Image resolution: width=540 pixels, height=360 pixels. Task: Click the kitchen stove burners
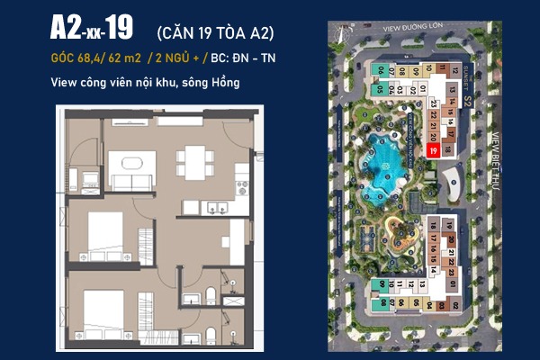(240, 188)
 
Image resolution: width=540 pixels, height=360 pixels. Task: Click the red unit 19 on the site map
(434, 152)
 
